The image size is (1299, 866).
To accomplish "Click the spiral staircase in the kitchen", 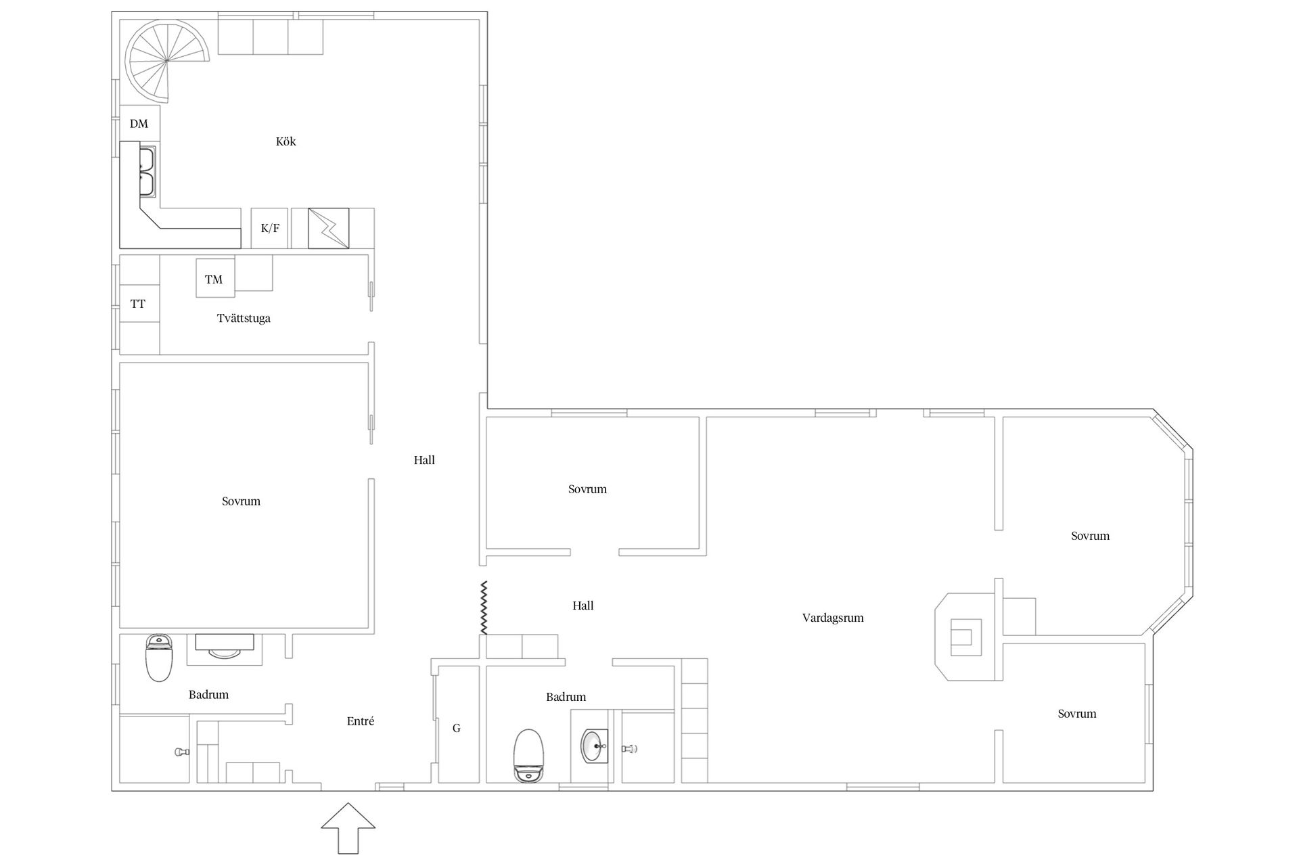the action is (167, 60).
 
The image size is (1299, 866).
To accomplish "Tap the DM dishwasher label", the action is (139, 124).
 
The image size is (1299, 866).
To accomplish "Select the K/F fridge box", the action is (269, 228).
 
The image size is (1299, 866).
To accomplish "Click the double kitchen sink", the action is (147, 172).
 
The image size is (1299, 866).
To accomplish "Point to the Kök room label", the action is (286, 141).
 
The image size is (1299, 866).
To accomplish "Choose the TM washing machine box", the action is (215, 278).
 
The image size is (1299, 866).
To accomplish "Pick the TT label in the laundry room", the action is (138, 304).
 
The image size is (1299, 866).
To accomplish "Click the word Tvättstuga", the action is (244, 318).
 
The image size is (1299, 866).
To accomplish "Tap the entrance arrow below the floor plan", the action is (348, 828).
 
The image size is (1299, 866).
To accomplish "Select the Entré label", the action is (361, 721).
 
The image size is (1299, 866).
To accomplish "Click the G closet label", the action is (457, 729).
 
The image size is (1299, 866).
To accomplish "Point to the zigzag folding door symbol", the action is (484, 608).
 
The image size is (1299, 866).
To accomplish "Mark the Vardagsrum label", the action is (833, 618).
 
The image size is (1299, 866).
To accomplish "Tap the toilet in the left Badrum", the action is (159, 658).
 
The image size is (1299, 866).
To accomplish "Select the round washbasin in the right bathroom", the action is (595, 746).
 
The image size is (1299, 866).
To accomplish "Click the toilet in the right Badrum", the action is (529, 756).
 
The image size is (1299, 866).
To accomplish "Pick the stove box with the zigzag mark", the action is (329, 228).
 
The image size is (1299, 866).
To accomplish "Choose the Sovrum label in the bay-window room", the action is (1090, 536).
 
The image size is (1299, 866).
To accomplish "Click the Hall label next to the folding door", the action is (583, 606).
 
